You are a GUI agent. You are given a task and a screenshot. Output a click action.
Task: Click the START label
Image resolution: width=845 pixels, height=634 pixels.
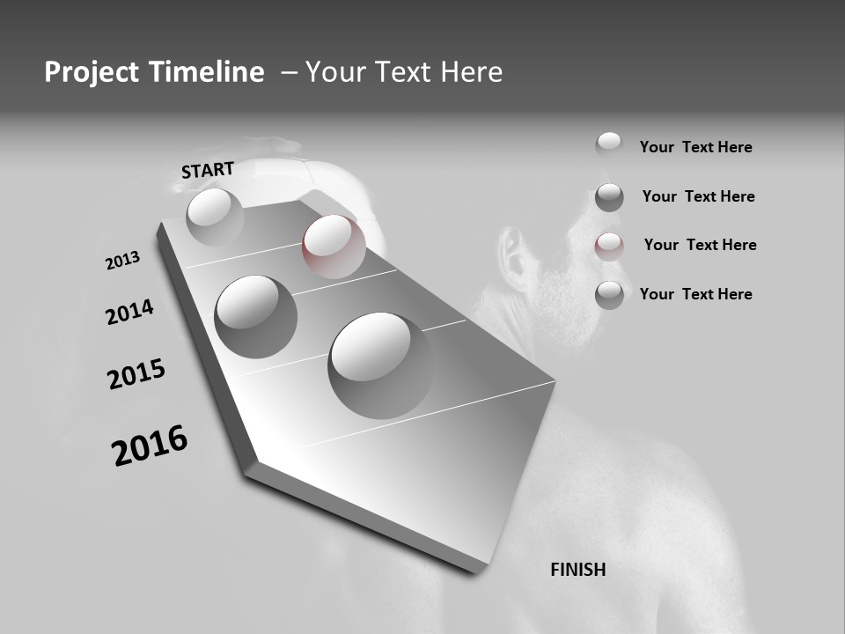pos(208,170)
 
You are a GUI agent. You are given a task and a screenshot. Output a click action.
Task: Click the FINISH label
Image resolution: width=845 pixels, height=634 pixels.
pos(577,570)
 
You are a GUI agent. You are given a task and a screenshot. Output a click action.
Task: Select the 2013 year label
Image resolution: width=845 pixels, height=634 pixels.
pos(123,261)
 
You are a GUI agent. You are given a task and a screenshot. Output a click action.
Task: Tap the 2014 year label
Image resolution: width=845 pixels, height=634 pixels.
pos(129,313)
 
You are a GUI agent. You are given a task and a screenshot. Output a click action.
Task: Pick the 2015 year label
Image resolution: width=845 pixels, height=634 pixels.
pos(136,374)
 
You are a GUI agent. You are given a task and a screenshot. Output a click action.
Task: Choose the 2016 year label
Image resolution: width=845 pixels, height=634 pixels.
pos(150,446)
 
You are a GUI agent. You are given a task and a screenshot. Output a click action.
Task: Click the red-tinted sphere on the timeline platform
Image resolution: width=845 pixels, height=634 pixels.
pos(334,246)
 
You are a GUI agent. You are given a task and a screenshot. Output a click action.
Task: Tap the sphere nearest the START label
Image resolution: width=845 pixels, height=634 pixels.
pos(215,217)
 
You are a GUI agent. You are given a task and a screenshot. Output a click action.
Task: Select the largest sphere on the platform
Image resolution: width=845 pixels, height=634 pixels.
pos(381,364)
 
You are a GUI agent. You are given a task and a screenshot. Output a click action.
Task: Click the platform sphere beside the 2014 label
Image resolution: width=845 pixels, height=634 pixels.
pos(255,315)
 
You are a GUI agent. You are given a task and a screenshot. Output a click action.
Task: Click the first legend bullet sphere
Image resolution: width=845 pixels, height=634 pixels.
pos(609,145)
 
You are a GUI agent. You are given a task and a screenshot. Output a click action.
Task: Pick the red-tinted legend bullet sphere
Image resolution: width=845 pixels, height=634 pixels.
pos(609,246)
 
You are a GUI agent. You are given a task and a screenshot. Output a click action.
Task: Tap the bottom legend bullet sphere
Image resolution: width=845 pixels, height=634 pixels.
pos(609,295)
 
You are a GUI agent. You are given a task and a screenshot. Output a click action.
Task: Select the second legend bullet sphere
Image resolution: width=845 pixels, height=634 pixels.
pos(609,196)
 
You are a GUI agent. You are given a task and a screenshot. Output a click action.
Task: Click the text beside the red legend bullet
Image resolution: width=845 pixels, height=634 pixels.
pos(700,245)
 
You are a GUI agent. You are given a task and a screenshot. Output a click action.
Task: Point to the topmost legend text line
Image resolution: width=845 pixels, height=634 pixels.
pos(695,147)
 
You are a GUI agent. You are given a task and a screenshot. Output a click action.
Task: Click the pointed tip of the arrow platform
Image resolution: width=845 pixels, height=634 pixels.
pos(248,467)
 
